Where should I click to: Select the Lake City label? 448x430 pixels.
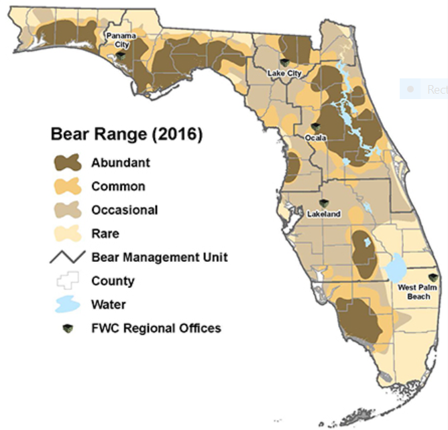pos(284,73)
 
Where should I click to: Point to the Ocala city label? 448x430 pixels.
pos(315,138)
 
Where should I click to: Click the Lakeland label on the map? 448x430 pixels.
pos(324,214)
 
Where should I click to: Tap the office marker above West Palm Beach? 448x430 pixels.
pos(432,277)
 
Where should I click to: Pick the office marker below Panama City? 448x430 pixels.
pos(121,56)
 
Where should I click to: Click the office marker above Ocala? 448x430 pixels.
pos(315,127)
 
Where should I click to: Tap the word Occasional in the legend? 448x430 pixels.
pos(125,210)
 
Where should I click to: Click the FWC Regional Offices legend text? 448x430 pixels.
pos(156,328)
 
